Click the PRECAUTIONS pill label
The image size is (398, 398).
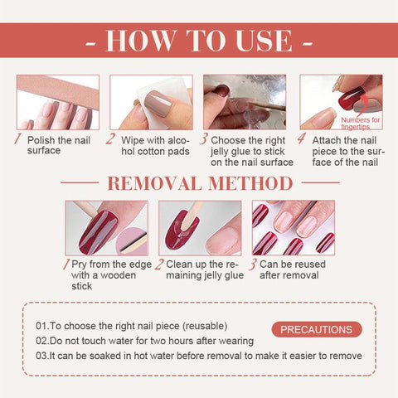[x=317, y=329]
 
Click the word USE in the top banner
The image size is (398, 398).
[x=264, y=41]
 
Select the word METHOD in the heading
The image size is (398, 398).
[x=250, y=183]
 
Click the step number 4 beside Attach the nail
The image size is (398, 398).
[x=301, y=138]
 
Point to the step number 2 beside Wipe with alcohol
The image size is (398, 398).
[x=110, y=138]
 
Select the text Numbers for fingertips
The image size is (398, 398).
[x=361, y=124]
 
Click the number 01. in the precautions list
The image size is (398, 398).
[x=42, y=326]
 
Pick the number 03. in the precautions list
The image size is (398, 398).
[x=42, y=356]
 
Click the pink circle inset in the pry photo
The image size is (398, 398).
[x=132, y=241]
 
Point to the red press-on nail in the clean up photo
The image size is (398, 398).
[x=182, y=231]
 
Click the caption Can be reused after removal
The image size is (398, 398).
[x=293, y=269]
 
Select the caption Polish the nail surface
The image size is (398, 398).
[x=59, y=145]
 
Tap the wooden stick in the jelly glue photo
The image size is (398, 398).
[x=267, y=106]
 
